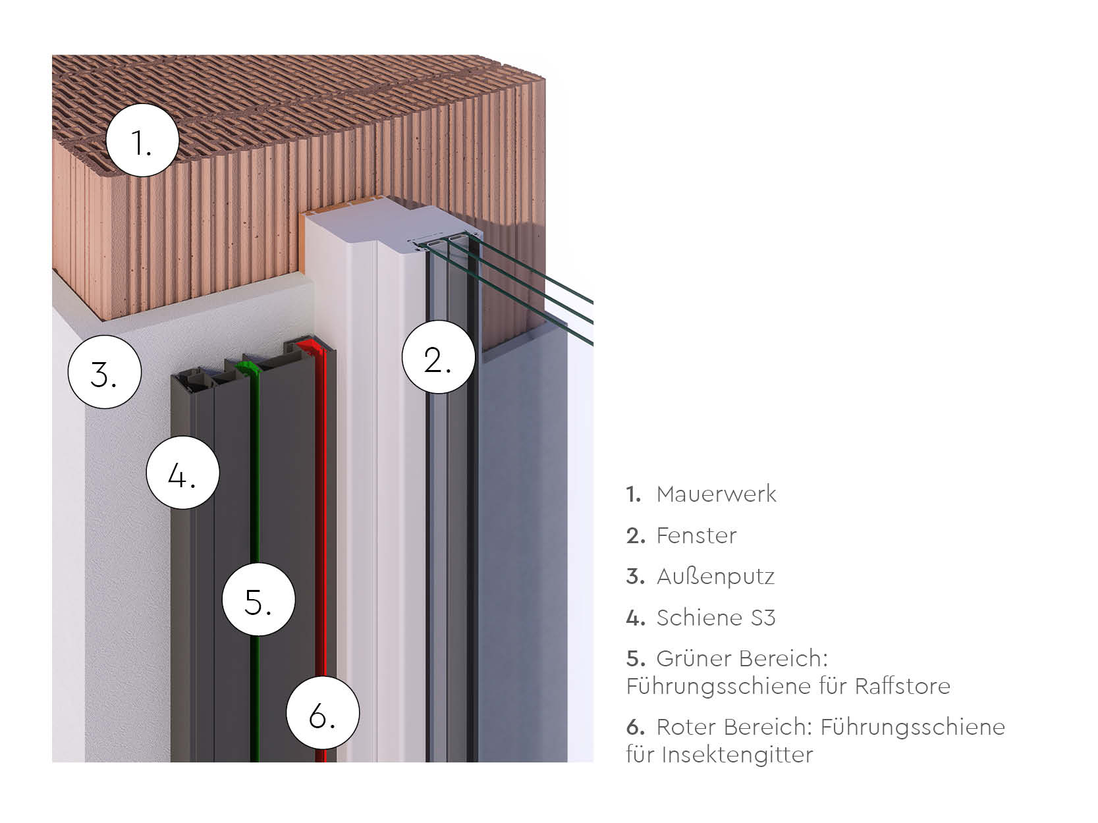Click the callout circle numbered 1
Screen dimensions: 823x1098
[142, 140]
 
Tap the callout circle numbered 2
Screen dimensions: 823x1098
[438, 357]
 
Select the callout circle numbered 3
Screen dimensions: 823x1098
[104, 372]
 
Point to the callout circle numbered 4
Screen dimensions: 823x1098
[182, 472]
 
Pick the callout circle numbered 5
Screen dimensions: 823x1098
[258, 599]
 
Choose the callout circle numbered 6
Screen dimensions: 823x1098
[323, 712]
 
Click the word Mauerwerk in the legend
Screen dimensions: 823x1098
[716, 494]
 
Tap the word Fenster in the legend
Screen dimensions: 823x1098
[696, 535]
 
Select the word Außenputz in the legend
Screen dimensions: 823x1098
[715, 577]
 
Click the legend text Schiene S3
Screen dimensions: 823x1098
[716, 618]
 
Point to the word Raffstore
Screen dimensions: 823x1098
[902, 686]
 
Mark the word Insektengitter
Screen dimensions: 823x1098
[737, 755]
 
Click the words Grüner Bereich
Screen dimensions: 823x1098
[742, 658]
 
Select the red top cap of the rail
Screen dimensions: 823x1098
[308, 345]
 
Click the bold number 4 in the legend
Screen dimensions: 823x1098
[634, 618]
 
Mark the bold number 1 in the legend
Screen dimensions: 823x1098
[633, 494]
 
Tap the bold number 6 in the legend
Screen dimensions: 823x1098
[635, 727]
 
